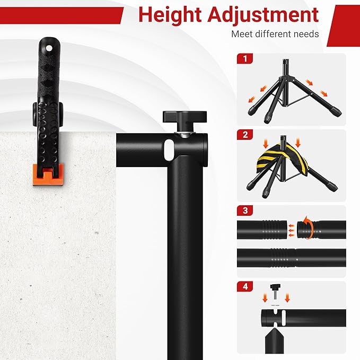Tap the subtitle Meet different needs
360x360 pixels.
tap(275, 34)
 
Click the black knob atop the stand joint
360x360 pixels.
tap(179, 116)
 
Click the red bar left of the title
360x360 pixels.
tap(61, 16)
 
